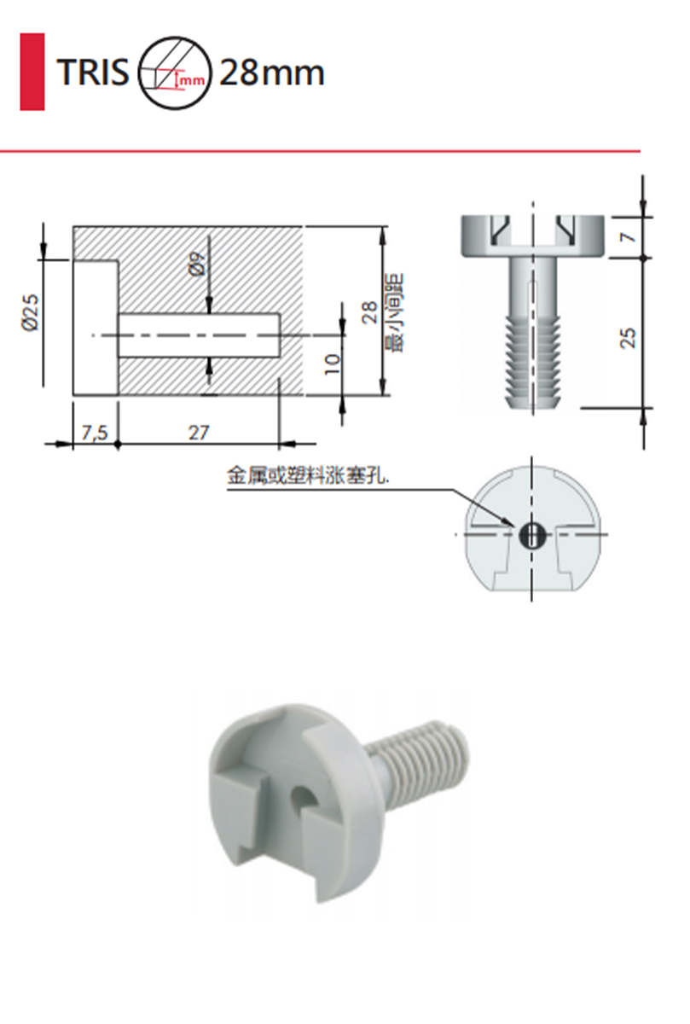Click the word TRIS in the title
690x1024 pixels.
pyautogui.click(x=93, y=73)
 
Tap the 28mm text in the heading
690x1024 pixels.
pyautogui.click(x=272, y=73)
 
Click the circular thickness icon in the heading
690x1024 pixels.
pyautogui.click(x=175, y=73)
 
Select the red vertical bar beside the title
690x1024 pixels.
pyautogui.click(x=32, y=72)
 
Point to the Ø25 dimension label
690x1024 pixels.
pyautogui.click(x=31, y=311)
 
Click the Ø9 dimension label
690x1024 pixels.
pyautogui.click(x=196, y=264)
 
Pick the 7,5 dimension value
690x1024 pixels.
pyautogui.click(x=95, y=433)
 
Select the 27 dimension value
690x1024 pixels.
pyautogui.click(x=199, y=433)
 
